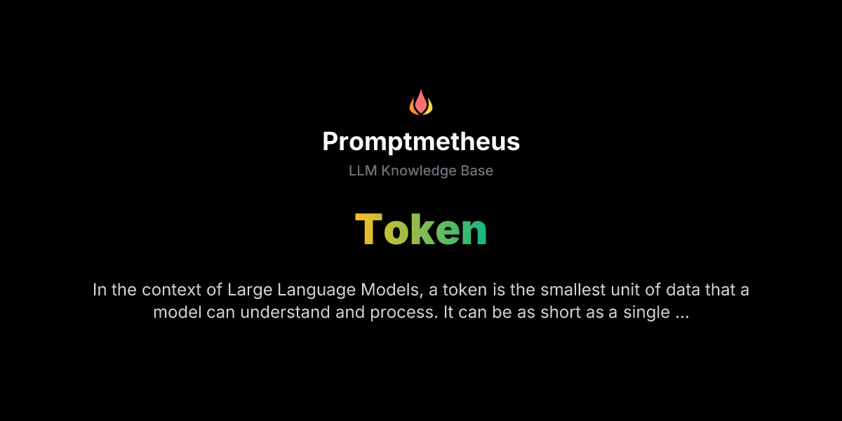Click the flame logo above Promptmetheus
point(421,102)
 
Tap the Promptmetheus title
point(421,142)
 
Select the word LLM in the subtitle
point(363,171)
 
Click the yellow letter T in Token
point(368,230)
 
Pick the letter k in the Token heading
point(422,230)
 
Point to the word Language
point(310,290)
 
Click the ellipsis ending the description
point(681,314)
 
